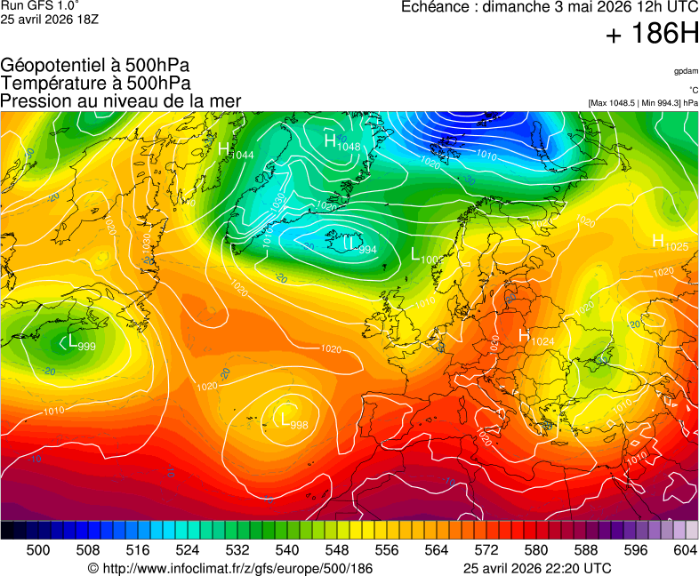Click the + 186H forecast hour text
coord(652,35)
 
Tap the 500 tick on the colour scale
coord(38,551)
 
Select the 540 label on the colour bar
coord(286,551)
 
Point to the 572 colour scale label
coord(486,551)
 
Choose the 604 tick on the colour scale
coord(685,551)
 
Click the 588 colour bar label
coord(585,551)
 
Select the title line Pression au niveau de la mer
coord(121,100)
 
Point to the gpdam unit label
coord(685,70)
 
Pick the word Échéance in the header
coord(433,7)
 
